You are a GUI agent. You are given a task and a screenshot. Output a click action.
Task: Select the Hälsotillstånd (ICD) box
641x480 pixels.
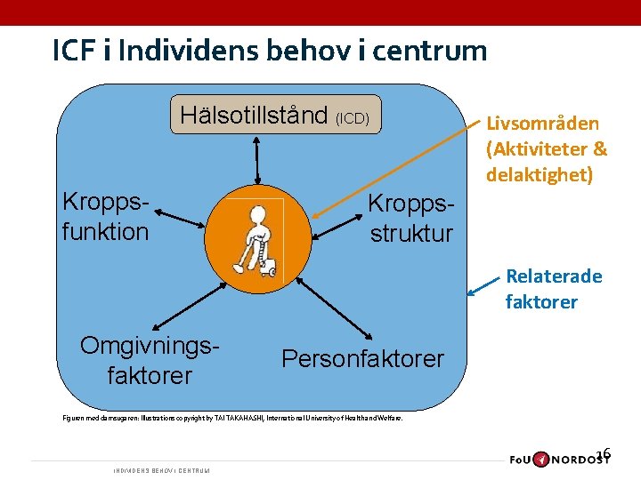(275, 116)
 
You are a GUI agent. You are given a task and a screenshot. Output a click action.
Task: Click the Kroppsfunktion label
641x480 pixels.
(105, 216)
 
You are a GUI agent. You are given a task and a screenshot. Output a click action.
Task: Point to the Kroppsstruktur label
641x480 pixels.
(411, 219)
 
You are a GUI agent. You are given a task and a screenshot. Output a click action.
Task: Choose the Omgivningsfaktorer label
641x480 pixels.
(149, 359)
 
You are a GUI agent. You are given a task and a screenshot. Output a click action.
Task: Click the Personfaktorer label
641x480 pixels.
(362, 358)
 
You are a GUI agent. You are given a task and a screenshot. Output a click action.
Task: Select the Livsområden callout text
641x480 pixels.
(547, 148)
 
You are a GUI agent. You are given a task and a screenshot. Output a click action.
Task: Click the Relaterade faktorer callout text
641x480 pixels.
(552, 289)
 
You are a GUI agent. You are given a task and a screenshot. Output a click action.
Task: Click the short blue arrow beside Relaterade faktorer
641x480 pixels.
(484, 284)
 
